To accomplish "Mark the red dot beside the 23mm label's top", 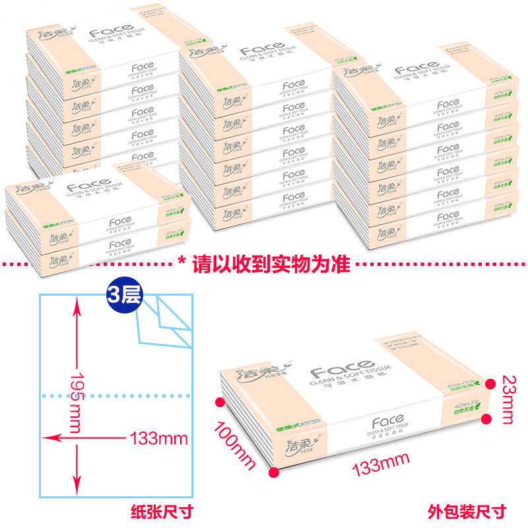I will tap(488, 383).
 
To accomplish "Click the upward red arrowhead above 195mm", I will tap(78, 304).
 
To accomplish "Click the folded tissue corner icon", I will tap(165, 321).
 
